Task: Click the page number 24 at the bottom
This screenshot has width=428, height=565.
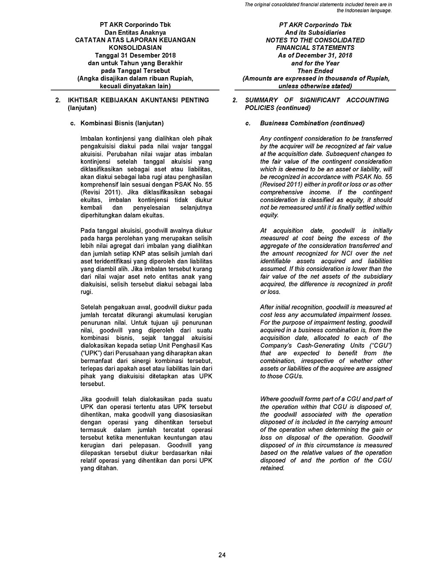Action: pyautogui.click(x=221, y=554)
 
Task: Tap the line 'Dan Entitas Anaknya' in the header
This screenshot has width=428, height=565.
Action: pyautogui.click(x=135, y=32)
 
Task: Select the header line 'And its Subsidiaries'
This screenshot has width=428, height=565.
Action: pyautogui.click(x=315, y=32)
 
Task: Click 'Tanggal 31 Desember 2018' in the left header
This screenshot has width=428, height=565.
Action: pyautogui.click(x=135, y=55)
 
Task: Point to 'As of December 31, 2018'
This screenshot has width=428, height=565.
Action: pyautogui.click(x=315, y=55)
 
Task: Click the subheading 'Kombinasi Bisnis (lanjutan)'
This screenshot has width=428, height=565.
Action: pyautogui.click(x=122, y=123)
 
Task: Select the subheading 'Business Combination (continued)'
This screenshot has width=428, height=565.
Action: pyautogui.click(x=312, y=123)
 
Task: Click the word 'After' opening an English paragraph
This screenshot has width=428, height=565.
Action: pyautogui.click(x=267, y=307)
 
